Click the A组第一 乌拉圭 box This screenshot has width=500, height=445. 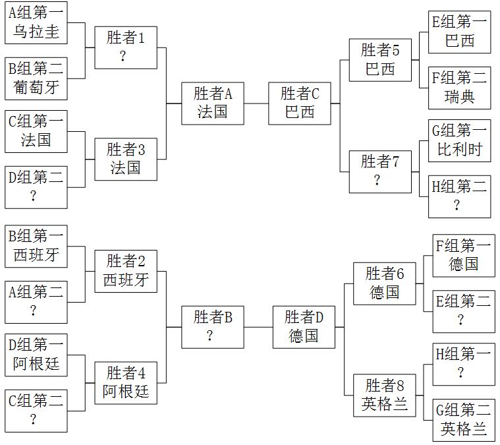tap(36, 23)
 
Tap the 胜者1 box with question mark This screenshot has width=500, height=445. tap(125, 47)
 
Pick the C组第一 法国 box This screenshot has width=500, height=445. tap(36, 131)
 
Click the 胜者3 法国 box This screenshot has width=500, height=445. tap(125, 159)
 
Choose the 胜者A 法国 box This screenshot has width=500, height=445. tap(212, 104)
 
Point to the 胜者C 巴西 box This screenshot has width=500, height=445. tap(299, 104)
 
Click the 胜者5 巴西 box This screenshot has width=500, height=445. tap(380, 60)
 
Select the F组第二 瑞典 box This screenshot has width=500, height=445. tap(459, 88)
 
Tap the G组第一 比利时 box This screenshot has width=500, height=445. tap(459, 140)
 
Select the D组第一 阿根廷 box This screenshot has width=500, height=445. tap(36, 355)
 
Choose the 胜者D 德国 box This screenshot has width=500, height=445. tap(304, 327)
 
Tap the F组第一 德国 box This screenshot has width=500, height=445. tap(463, 256)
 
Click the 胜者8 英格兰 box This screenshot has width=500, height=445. tap(384, 394)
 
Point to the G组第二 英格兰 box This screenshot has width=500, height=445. tap(463, 421)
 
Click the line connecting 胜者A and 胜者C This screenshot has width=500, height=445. tap(256, 104)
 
